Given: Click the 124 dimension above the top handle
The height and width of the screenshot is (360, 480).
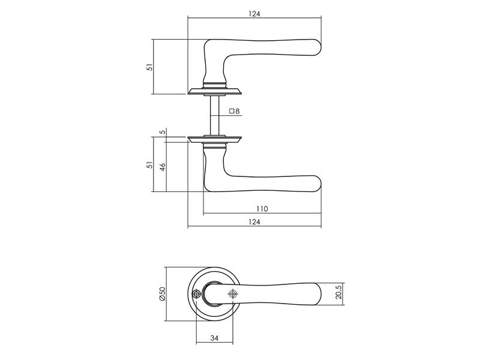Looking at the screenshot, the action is point(254,14).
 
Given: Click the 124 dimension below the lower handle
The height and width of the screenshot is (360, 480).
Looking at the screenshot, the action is point(254,222).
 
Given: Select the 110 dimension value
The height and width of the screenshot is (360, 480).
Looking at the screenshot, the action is point(262,209).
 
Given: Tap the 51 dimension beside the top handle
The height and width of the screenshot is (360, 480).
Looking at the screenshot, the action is point(149,67).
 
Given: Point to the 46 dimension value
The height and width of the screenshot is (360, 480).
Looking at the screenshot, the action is point(163,167).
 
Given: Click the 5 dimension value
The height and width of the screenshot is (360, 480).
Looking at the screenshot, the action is point(163,132).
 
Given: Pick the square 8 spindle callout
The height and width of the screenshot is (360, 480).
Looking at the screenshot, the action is point(235,111).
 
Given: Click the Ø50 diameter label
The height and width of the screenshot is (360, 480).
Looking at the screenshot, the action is point(162,294).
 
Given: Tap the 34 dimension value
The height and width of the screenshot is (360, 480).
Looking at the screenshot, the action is point(214,338).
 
